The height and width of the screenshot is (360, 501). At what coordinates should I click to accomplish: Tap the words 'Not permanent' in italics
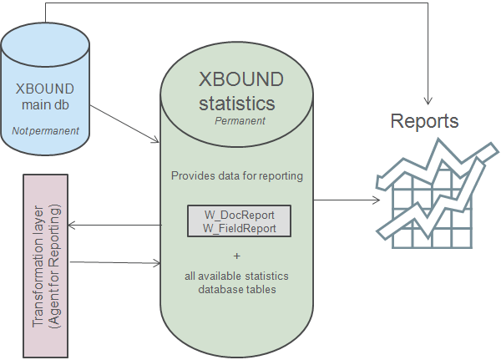click(46, 131)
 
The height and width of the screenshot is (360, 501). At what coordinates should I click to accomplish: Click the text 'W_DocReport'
click(240, 213)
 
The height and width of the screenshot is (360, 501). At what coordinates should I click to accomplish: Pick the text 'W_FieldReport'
click(240, 226)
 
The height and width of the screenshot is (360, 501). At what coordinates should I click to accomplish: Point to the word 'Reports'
click(424, 122)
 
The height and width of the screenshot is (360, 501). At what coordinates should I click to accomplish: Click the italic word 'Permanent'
click(240, 121)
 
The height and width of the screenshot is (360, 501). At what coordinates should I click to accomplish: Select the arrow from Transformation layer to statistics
click(117, 263)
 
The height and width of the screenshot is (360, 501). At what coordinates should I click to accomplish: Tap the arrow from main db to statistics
click(125, 122)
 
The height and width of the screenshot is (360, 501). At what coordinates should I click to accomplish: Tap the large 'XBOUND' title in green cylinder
click(240, 80)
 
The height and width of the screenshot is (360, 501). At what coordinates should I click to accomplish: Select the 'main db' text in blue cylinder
click(46, 104)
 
